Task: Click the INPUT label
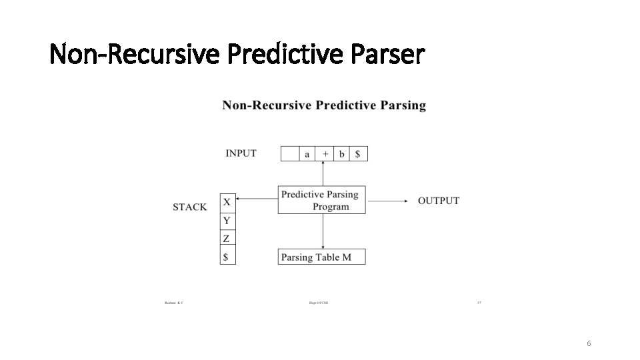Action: click(x=241, y=153)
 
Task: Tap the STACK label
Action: click(x=190, y=207)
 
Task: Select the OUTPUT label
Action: click(x=439, y=201)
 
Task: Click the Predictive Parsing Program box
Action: click(x=322, y=200)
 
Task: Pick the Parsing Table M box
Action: click(x=322, y=257)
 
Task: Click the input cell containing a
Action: click(x=307, y=154)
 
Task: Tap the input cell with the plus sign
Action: click(x=325, y=154)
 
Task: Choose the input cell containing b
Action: click(x=342, y=154)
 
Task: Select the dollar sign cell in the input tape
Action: click(x=359, y=154)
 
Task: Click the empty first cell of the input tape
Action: click(x=289, y=154)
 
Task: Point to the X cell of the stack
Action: click(x=227, y=202)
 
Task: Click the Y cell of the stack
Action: click(x=227, y=221)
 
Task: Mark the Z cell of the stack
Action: click(x=227, y=239)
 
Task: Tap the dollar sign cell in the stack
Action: click(x=227, y=257)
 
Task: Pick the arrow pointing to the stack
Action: click(x=257, y=198)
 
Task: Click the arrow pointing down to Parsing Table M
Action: click(x=323, y=231)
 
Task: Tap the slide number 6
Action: click(x=589, y=343)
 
